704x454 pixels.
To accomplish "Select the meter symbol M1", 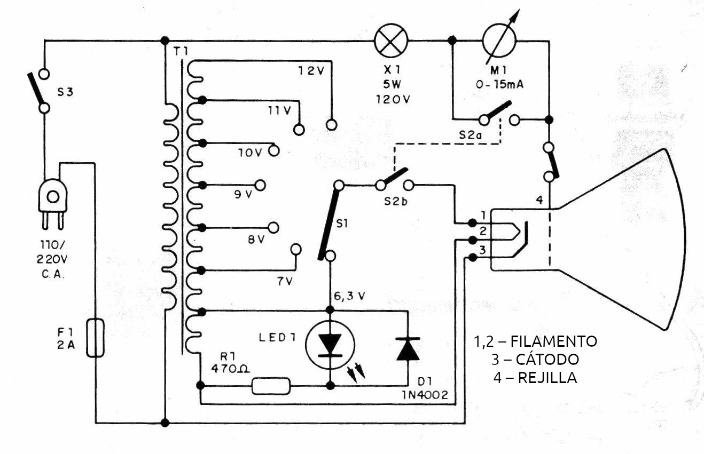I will click(x=499, y=41).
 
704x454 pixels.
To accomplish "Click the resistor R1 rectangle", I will click(x=271, y=386).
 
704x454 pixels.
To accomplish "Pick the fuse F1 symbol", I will click(x=96, y=338).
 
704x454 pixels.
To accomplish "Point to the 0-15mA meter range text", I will click(x=499, y=84).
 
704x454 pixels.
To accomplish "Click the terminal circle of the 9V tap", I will click(x=261, y=185).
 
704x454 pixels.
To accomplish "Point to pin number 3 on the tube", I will click(x=482, y=250).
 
